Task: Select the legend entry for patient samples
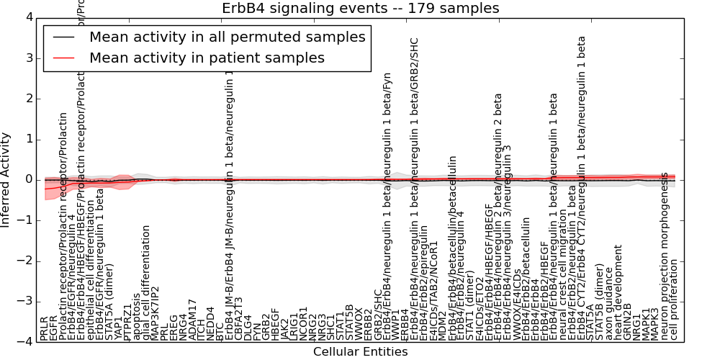(207, 58)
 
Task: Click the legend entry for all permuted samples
(227, 37)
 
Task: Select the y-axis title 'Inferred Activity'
(6, 179)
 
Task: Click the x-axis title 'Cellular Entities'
(360, 351)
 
